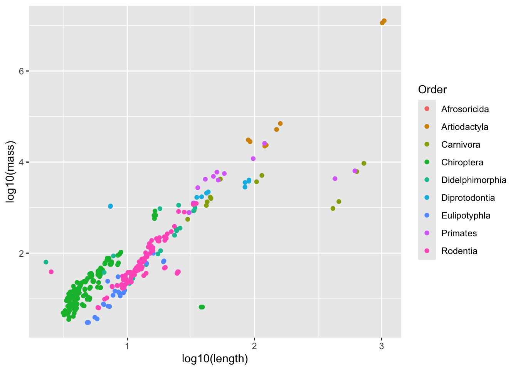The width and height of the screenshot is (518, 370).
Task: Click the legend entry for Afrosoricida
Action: coord(465,109)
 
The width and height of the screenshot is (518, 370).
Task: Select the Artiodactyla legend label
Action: coord(464,127)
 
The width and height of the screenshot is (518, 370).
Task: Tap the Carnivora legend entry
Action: coord(461,145)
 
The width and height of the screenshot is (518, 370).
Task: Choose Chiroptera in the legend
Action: coord(462,162)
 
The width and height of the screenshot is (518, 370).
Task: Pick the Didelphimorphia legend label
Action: coord(474,180)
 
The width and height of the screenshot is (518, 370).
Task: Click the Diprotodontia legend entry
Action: coord(468,198)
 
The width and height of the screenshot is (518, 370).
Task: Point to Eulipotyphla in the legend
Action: coord(466,215)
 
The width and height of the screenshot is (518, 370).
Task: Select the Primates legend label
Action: coord(459,233)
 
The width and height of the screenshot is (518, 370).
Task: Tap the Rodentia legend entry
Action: coord(459,251)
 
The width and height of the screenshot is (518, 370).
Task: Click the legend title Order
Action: coord(432,90)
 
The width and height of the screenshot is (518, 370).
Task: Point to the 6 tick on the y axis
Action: coord(22,71)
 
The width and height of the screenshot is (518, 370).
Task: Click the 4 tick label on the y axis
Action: coord(22,162)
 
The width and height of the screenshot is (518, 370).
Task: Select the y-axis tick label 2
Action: coord(22,254)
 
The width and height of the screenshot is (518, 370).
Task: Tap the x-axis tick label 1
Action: coord(127,346)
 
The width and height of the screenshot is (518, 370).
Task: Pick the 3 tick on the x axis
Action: coord(382,346)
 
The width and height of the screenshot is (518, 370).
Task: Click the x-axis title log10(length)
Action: coord(215,359)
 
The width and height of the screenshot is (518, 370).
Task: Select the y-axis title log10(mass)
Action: coord(10,172)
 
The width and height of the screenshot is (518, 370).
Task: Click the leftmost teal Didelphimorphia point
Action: coord(46,262)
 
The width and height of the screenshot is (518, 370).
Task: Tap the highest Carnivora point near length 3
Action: coord(364,163)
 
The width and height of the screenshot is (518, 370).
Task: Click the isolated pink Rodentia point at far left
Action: coord(51,272)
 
